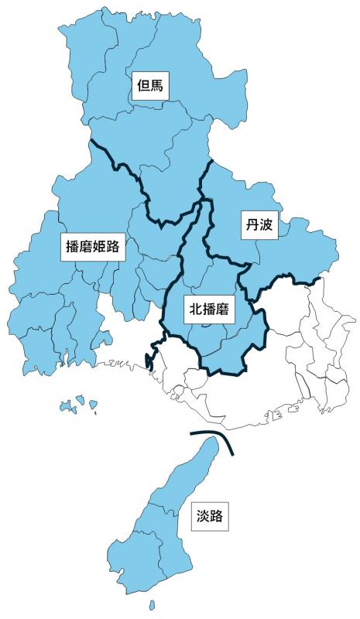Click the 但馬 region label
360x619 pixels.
pyautogui.click(x=149, y=86)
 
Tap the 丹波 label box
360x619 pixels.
pyautogui.click(x=256, y=225)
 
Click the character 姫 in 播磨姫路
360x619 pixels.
pyautogui.click(x=101, y=248)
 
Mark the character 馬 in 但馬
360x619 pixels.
pyautogui.click(x=157, y=86)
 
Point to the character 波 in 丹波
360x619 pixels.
pyautogui.click(x=264, y=225)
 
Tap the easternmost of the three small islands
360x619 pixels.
pyautogui.click(x=93, y=404)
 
